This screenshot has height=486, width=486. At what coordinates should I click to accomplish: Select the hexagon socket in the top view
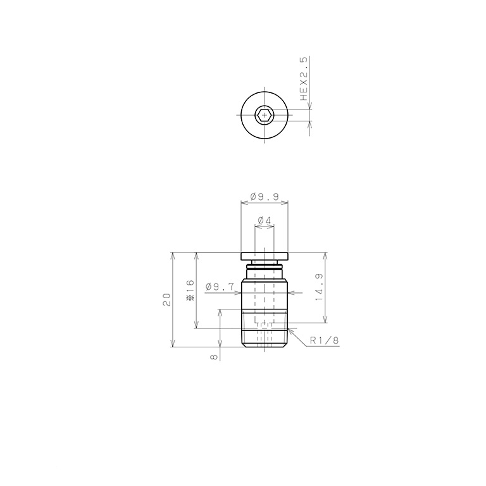[x=264, y=115]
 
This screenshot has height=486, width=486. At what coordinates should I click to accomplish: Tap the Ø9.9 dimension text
[x=265, y=197]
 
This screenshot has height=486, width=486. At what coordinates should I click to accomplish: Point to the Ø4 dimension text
[x=264, y=221]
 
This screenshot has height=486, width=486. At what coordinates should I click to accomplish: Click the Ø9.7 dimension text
[x=220, y=287]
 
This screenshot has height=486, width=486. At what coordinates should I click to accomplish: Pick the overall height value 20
[x=166, y=299]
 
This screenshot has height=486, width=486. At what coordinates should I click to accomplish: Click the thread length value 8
[x=214, y=357]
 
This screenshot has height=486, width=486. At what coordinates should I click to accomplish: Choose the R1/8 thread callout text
[x=325, y=340]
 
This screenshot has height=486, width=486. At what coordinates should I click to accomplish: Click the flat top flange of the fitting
[x=265, y=256]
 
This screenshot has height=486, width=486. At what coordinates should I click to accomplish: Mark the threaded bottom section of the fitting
[x=265, y=332]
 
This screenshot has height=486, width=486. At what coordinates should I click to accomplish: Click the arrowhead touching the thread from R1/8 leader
[x=289, y=329]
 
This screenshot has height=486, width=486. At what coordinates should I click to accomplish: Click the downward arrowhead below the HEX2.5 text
[x=309, y=106]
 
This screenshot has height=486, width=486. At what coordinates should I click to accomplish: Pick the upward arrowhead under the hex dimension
[x=309, y=124]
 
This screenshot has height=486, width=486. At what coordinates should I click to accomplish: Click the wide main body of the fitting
[x=265, y=293]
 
